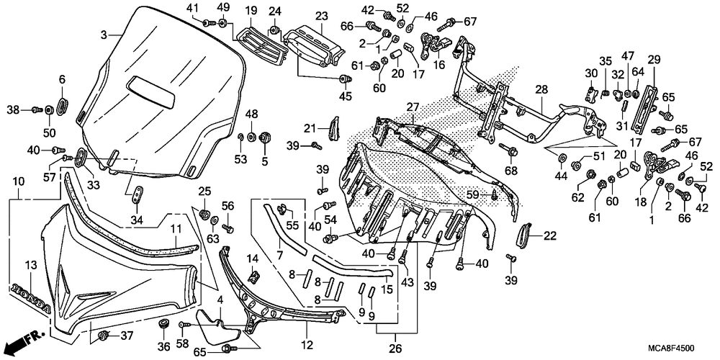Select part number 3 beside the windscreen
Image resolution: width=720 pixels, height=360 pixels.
click(x=104, y=35)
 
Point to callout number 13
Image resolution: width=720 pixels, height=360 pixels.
click(x=30, y=265)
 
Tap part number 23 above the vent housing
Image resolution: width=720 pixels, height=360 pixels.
click(x=321, y=17)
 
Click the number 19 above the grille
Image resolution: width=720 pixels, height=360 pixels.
click(x=251, y=9)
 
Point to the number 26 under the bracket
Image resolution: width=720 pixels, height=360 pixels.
click(x=396, y=348)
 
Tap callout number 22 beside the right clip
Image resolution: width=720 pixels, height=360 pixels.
click(x=549, y=236)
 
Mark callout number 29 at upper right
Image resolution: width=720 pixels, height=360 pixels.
click(x=654, y=59)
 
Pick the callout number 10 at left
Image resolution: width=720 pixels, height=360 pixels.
click(x=19, y=182)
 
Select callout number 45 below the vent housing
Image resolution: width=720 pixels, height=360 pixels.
click(x=346, y=96)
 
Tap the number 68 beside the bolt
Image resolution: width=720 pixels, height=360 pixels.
click(x=511, y=171)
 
